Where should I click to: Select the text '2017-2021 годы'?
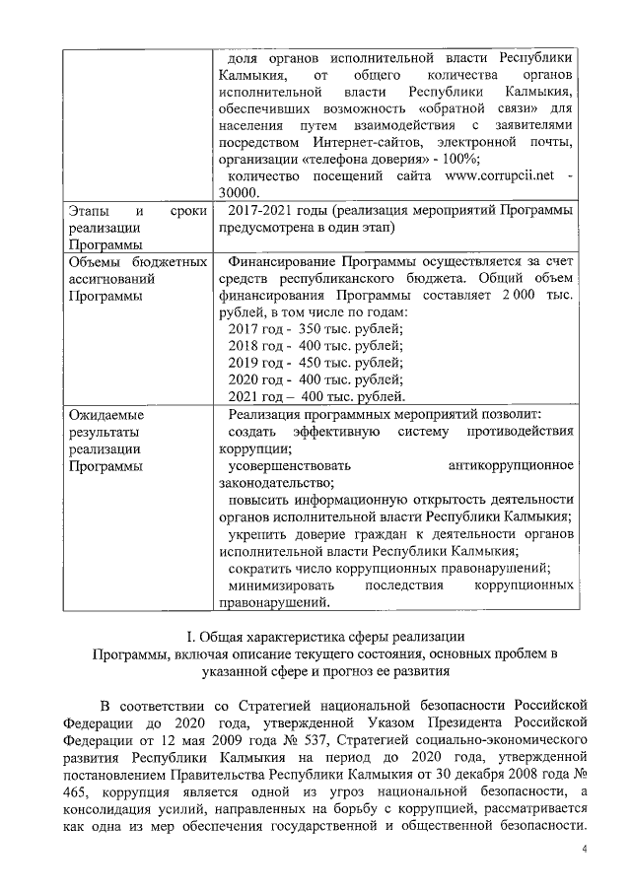277,212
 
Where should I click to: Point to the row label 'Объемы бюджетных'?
137,263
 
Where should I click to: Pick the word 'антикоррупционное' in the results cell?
510,464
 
